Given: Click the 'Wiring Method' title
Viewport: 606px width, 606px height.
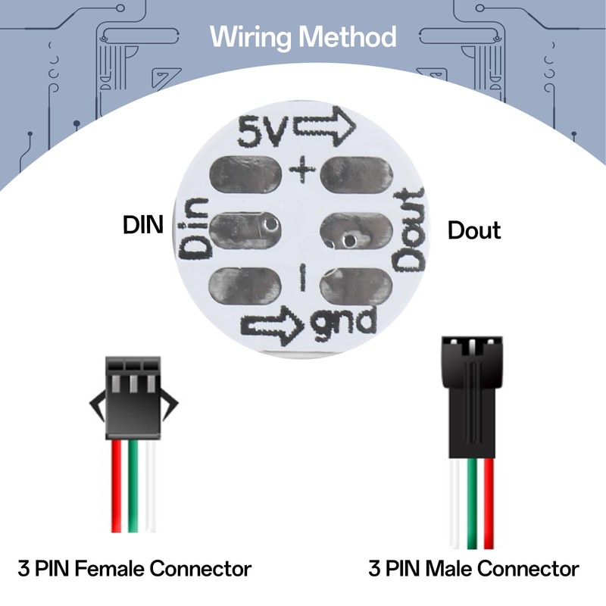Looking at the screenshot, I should point(303,36).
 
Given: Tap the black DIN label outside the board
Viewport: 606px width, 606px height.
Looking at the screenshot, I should point(143,226).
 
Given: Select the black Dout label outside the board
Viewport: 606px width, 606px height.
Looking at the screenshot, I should point(474,230).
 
